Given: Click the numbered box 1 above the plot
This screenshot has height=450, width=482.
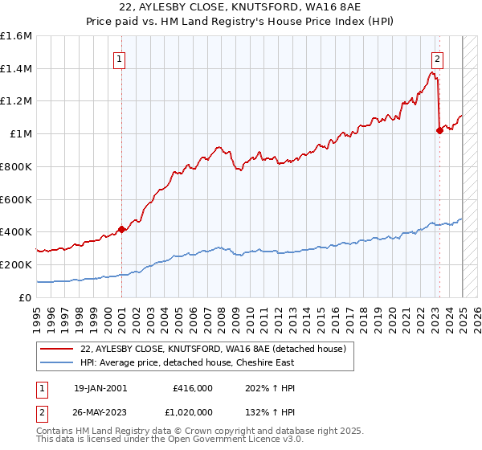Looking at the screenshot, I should pyautogui.click(x=119, y=58).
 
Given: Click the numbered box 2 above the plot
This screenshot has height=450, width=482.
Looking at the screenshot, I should pyautogui.click(x=438, y=58).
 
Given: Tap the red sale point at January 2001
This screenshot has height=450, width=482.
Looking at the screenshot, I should pyautogui.click(x=121, y=229).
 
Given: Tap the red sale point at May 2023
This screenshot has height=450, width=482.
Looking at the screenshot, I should pyautogui.click(x=439, y=130).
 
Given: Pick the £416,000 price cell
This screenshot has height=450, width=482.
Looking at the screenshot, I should pyautogui.click(x=193, y=388).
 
